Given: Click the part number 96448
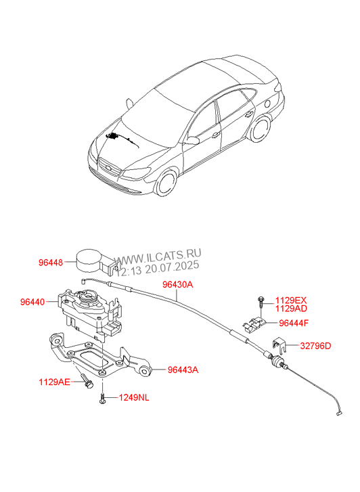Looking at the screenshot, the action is pyautogui.click(x=51, y=263).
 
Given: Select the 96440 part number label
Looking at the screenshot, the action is pyautogui.click(x=32, y=302).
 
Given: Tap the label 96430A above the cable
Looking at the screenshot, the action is pyautogui.click(x=178, y=285).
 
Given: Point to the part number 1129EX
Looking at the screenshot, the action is pyautogui.click(x=291, y=300).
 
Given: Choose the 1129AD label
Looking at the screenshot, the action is pyautogui.click(x=291, y=309).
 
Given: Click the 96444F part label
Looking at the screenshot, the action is pyautogui.click(x=294, y=323).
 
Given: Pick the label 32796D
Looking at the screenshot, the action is pyautogui.click(x=315, y=346).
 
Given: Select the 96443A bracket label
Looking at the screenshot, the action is pyautogui.click(x=183, y=370).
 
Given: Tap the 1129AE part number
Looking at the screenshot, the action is pyautogui.click(x=54, y=382).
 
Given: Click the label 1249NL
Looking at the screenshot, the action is pyautogui.click(x=134, y=397).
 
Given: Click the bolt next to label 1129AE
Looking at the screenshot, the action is pyautogui.click(x=87, y=380).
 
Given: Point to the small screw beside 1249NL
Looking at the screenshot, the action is pyautogui.click(x=102, y=398).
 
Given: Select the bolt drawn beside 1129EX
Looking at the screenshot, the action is pyautogui.click(x=261, y=301).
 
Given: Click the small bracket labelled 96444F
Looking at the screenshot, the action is pyautogui.click(x=254, y=323).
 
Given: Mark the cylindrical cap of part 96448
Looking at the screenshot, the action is pyautogui.click(x=89, y=261).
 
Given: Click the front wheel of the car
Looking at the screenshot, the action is pyautogui.click(x=166, y=183).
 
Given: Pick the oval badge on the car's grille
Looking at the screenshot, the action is pyautogui.click(x=108, y=167).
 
